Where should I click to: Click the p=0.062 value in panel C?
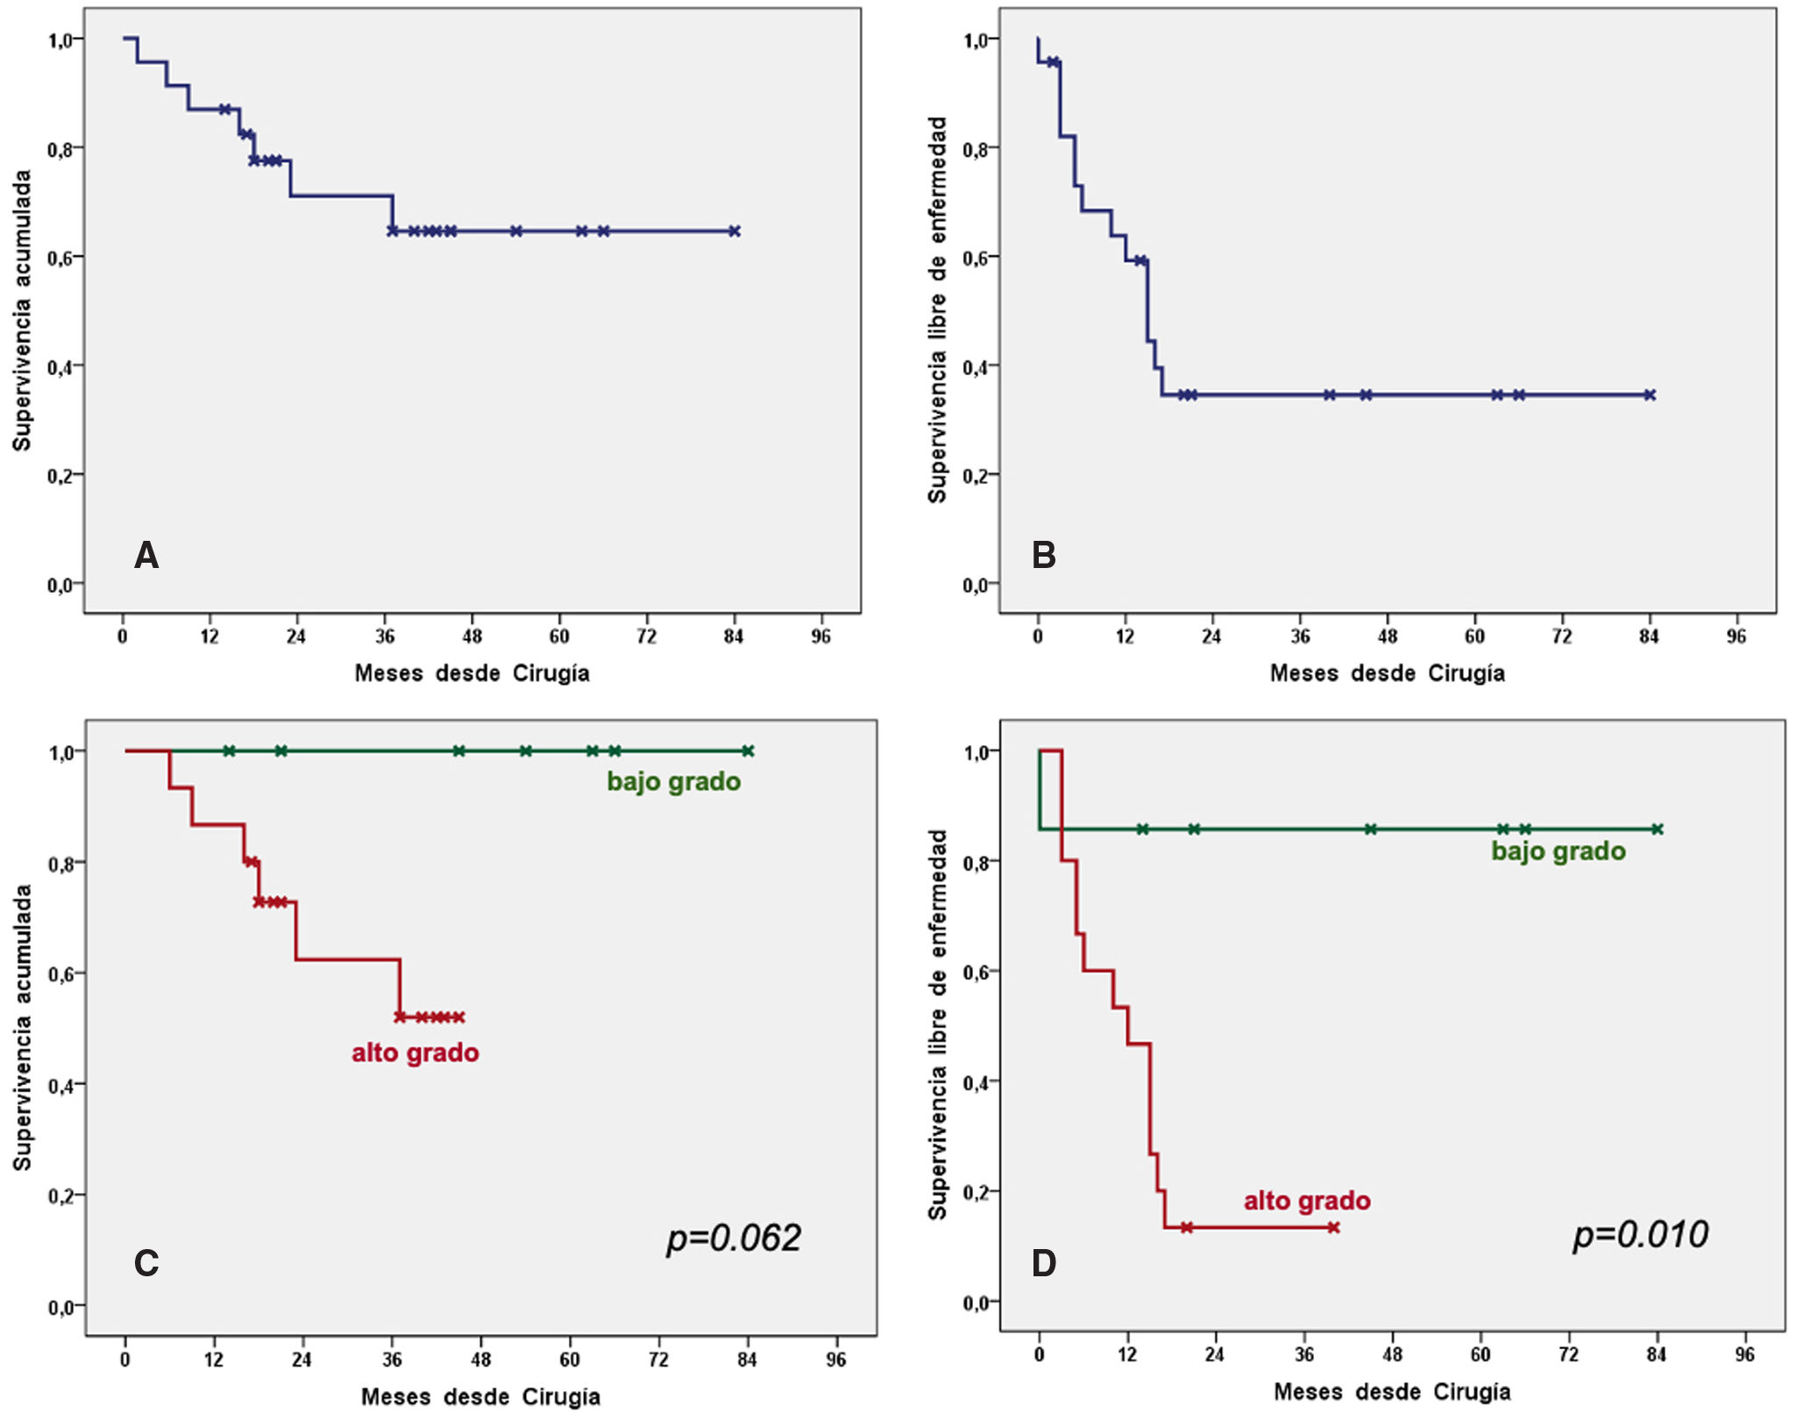point(734,1239)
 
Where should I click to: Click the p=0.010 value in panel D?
point(1640,1235)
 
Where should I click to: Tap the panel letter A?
point(146,556)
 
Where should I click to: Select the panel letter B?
point(1043,556)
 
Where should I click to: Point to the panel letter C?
point(146,1263)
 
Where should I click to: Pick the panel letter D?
point(1043,1263)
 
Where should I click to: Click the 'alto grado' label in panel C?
point(416,1053)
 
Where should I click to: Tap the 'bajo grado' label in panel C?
point(673,782)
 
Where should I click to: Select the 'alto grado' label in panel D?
point(1307,1201)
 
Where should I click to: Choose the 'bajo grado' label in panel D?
point(1559,851)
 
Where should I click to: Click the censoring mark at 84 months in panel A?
point(735,231)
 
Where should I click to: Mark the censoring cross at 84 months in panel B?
point(1650,395)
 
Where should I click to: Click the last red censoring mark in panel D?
point(1333,1227)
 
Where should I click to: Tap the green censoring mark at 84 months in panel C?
point(748,751)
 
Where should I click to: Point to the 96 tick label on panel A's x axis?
point(820,635)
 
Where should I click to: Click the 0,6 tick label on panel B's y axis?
point(980,258)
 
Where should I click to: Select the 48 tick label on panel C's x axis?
point(480,1360)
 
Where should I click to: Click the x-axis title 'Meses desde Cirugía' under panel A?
point(472,673)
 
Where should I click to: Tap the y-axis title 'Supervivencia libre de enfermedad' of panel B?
point(937,309)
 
